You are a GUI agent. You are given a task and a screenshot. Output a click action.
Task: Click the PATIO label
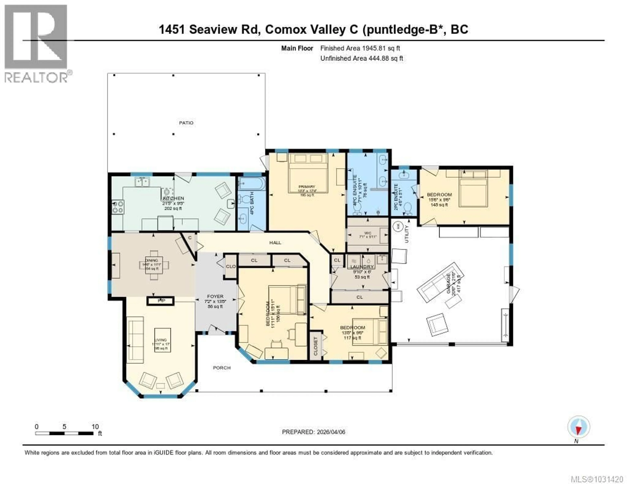pyautogui.click(x=186, y=123)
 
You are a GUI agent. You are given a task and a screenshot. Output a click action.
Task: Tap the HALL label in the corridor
pyautogui.click(x=275, y=243)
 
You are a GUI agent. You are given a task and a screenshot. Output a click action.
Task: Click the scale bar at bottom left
pyautogui.click(x=64, y=433)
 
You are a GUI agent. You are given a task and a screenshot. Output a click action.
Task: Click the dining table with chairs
pyautogui.click(x=154, y=265)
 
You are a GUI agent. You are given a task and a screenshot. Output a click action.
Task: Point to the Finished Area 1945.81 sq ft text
pyautogui.click(x=360, y=48)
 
